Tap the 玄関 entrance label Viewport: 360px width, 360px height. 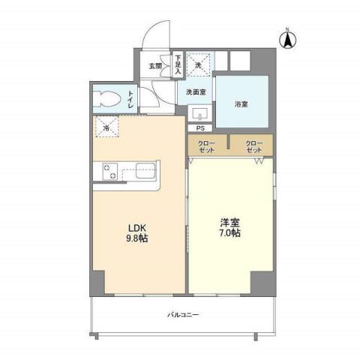tap(154, 66)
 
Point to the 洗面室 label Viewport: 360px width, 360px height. tap(196, 93)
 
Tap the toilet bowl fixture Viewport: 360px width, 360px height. tap(108, 98)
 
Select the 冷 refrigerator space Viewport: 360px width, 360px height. tap(106, 128)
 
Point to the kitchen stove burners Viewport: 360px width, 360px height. tap(106, 171)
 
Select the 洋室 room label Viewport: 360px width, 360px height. tap(229, 223)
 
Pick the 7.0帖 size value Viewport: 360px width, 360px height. tap(229, 234)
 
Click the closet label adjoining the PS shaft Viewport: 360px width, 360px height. tap(208, 146)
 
